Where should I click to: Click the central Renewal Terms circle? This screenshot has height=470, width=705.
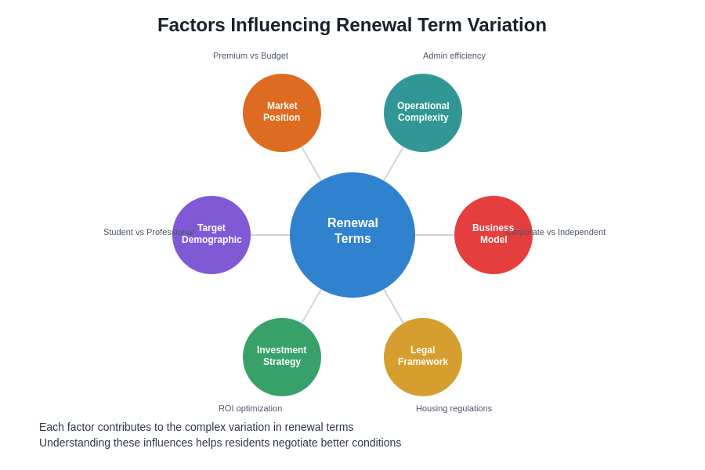pos(352,235)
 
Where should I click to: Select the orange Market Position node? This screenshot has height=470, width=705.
pos(282,113)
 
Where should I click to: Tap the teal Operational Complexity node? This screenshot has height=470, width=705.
pos(423,113)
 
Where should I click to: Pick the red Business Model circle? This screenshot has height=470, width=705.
pos(493,235)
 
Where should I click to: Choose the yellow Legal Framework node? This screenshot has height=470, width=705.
pos(423,357)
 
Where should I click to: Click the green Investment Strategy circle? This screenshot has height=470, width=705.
pos(282,357)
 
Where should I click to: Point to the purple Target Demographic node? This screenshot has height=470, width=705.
pos(211,235)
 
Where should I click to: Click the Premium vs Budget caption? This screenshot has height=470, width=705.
pos(251,56)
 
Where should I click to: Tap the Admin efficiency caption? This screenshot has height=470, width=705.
pos(454,56)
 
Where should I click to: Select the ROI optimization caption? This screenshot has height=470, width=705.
pos(251,408)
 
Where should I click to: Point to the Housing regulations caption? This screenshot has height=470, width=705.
pos(454,408)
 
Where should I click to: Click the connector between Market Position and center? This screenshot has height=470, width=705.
pos(312,164)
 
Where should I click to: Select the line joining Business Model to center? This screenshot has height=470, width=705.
pos(435,235)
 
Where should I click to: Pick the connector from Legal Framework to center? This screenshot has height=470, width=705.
pos(394,306)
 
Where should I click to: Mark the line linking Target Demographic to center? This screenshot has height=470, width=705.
pos(270,235)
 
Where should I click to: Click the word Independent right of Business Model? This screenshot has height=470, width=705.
pos(581,232)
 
